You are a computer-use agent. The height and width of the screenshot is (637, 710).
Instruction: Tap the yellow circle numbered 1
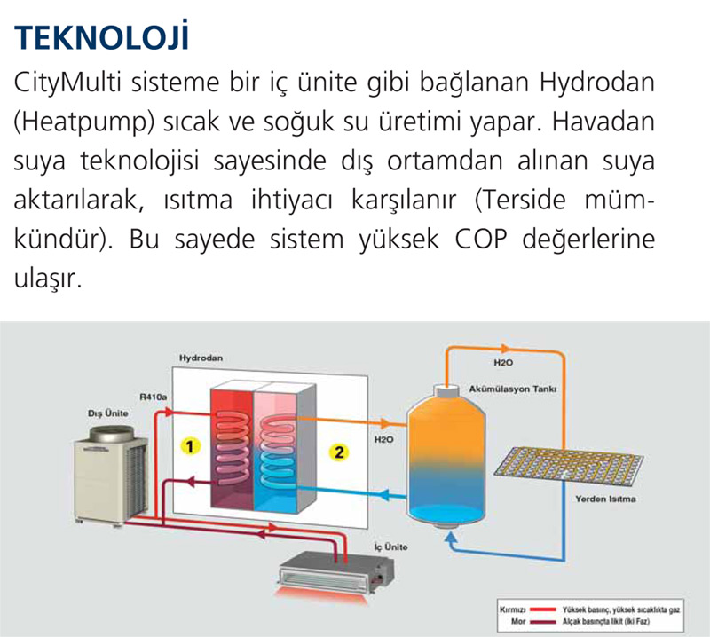pyautogui.click(x=190, y=446)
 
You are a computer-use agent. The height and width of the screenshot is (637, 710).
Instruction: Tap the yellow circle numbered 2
pyautogui.click(x=339, y=452)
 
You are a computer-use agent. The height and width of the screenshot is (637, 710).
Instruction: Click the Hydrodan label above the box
pyautogui.click(x=201, y=358)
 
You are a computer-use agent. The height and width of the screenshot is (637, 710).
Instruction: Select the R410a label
pyautogui.click(x=153, y=397)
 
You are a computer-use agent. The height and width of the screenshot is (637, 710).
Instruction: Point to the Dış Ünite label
pyautogui.click(x=107, y=413)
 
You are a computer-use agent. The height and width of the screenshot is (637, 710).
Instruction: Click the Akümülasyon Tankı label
pyautogui.click(x=513, y=389)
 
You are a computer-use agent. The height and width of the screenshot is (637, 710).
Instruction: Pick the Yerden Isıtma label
pyautogui.click(x=605, y=499)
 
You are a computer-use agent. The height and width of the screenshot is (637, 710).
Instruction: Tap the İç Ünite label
pyautogui.click(x=390, y=547)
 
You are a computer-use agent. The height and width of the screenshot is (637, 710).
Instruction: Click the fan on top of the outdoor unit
pyautogui.click(x=111, y=434)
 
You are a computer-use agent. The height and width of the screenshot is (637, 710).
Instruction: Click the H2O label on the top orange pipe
pyautogui.click(x=503, y=363)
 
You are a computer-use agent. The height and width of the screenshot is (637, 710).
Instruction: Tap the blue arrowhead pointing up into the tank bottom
pyautogui.click(x=451, y=538)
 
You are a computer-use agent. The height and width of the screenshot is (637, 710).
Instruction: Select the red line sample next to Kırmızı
pyautogui.click(x=543, y=609)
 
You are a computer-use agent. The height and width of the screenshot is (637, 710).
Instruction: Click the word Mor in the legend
pyautogui.click(x=518, y=622)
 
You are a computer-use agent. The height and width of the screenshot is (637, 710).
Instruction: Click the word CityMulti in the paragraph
pyautogui.click(x=67, y=83)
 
